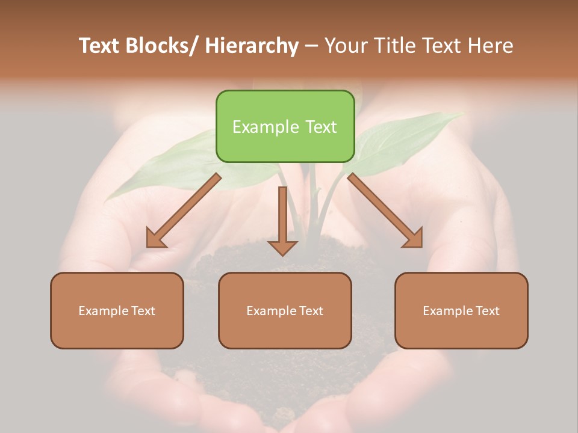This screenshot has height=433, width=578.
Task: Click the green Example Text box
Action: pyautogui.click(x=285, y=126)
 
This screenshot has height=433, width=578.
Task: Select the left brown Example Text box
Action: pyautogui.click(x=117, y=310)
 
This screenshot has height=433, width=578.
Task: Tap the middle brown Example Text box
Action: pyautogui.click(x=285, y=310)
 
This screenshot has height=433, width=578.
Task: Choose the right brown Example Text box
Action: pyautogui.click(x=461, y=310)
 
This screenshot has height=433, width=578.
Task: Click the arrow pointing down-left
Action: pyautogui.click(x=184, y=210)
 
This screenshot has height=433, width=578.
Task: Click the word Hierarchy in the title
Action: pyautogui.click(x=251, y=46)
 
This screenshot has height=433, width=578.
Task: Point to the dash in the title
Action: pyautogui.click(x=311, y=46)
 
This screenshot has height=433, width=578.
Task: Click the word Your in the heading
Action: pyautogui.click(x=346, y=46)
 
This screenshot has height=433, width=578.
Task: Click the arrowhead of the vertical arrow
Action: pyautogui.click(x=282, y=247)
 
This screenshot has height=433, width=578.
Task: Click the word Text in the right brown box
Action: pyautogui.click(x=488, y=310)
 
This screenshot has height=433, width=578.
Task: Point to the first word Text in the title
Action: pyautogui.click(x=100, y=46)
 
